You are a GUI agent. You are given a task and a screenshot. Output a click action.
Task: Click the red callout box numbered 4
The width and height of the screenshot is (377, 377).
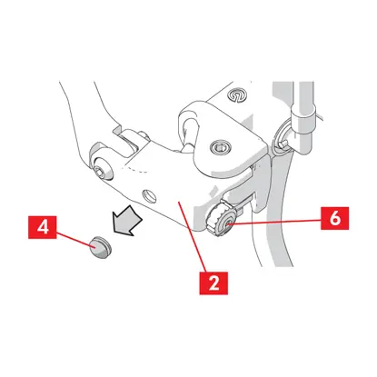[x=43, y=227]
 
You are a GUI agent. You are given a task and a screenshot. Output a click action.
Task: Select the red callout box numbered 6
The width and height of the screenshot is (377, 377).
[x=334, y=218]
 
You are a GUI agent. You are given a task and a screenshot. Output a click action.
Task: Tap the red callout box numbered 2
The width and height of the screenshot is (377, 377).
[x=213, y=283]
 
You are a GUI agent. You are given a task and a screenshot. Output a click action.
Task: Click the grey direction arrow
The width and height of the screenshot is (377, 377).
[x=127, y=220]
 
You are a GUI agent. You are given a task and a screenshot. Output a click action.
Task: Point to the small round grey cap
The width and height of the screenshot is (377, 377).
[x=101, y=248]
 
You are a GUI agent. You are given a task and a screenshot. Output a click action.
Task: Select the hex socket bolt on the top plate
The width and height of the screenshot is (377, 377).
[x=221, y=147]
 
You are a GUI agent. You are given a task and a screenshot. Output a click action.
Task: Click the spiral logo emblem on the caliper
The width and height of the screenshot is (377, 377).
[x=237, y=95]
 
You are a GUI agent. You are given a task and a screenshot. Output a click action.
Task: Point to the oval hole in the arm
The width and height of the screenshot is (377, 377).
[x=150, y=195]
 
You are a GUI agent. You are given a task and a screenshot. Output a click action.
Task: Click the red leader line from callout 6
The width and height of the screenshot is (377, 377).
[x=275, y=222]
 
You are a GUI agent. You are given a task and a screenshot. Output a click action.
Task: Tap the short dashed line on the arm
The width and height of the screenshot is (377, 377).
[x=134, y=170]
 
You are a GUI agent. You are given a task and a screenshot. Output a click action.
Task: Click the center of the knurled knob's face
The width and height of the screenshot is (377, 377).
[x=226, y=224]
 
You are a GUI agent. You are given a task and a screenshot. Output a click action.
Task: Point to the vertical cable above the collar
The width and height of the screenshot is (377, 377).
[x=305, y=94]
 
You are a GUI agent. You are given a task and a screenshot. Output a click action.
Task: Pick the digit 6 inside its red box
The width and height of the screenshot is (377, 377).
[x=335, y=218]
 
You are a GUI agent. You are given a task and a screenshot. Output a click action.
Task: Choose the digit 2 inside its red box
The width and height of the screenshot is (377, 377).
[x=213, y=283]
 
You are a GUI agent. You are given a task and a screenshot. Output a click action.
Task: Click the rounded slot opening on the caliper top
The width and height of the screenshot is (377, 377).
[x=189, y=129]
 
